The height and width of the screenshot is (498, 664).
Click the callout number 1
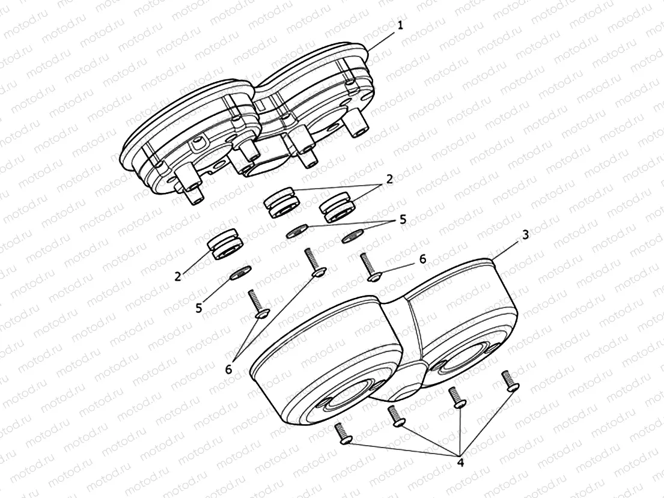point(401,25)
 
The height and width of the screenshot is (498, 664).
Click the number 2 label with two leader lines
point(389,178)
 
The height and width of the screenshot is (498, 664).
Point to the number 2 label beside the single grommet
point(178,276)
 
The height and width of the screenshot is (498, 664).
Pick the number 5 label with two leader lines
point(402,220)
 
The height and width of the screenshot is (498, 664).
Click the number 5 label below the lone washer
point(199,308)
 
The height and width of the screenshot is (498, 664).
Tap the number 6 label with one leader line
point(422,259)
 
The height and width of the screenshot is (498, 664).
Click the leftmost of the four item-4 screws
point(342,434)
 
